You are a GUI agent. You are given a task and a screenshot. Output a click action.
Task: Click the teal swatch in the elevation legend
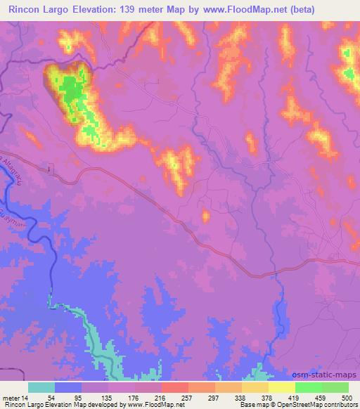point(41,387)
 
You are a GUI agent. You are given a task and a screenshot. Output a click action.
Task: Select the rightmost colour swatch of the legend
point(335,387)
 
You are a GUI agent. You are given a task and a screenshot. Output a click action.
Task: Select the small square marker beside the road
point(49,169)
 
